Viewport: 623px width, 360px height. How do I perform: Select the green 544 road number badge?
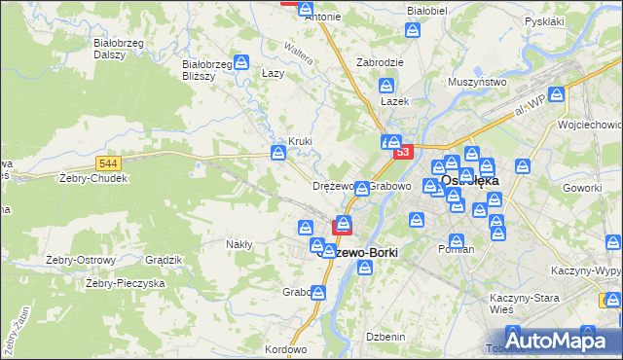pyautogui.click(x=108, y=163)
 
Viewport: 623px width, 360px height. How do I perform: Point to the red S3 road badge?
pyautogui.click(x=402, y=152)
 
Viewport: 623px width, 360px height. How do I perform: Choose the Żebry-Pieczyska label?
pyautogui.click(x=126, y=283)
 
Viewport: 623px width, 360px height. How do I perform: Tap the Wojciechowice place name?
pyautogui.click(x=590, y=125)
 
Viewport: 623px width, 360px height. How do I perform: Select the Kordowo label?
pyautogui.click(x=285, y=348)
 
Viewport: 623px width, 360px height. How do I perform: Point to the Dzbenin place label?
pyautogui.click(x=385, y=336)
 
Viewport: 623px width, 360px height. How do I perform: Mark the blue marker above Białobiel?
pyautogui.click(x=414, y=31)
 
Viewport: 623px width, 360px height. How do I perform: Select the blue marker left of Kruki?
pyautogui.click(x=278, y=152)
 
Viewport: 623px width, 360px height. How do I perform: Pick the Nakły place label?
pyautogui.click(x=239, y=244)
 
